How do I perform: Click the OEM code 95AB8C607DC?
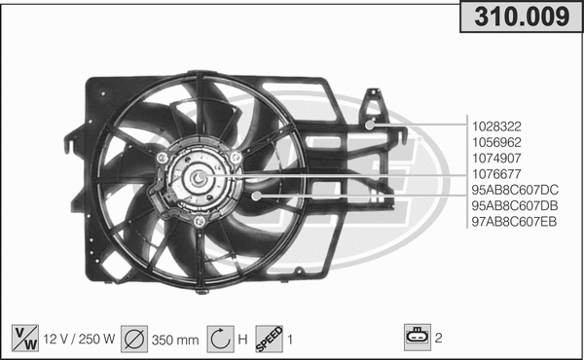click(514, 190)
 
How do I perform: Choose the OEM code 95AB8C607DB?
click(514, 205)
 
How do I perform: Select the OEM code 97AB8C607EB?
click(514, 221)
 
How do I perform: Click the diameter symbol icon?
click(134, 339)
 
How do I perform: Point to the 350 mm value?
click(176, 340)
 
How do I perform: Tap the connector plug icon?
click(416, 338)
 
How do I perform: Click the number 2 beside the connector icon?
click(439, 339)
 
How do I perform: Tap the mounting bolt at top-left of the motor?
click(161, 157)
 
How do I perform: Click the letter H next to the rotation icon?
click(242, 340)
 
